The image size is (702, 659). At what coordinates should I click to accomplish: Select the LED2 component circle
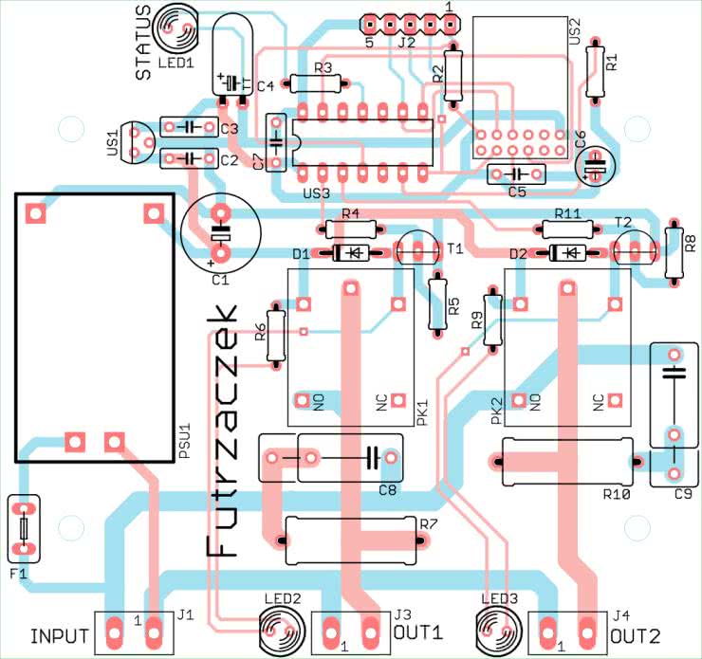[281, 627]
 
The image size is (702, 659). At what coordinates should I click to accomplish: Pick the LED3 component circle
[498, 627]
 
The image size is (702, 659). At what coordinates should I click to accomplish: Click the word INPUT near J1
[60, 635]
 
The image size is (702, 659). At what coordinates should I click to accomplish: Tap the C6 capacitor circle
[596, 165]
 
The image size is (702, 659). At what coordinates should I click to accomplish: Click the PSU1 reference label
[185, 442]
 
